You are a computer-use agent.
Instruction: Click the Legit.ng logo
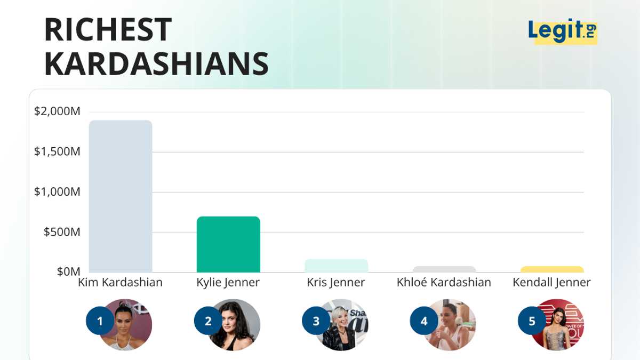[563, 31]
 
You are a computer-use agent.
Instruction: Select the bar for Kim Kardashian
[121, 196]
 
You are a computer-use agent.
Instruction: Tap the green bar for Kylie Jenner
[229, 245]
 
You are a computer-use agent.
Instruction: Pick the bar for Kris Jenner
[337, 266]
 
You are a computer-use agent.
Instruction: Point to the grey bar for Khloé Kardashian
[444, 269]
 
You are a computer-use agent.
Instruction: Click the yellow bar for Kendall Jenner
[552, 269]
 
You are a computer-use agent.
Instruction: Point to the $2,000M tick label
[57, 111]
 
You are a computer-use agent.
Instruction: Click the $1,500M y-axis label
[57, 151]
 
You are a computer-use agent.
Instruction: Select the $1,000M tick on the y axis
[57, 191]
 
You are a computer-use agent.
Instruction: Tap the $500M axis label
[62, 232]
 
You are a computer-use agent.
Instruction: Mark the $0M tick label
[69, 271]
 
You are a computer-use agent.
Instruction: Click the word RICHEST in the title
[108, 30]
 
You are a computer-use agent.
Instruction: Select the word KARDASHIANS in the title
[157, 63]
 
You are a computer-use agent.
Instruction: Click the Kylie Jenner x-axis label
[228, 283]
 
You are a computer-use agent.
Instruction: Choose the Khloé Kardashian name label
[444, 282]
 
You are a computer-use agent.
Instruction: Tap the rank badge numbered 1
[100, 321]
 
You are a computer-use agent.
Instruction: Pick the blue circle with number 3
[316, 321]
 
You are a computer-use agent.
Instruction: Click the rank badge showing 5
[532, 321]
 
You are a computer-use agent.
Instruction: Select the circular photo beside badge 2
[235, 325]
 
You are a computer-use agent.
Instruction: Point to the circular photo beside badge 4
[451, 325]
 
